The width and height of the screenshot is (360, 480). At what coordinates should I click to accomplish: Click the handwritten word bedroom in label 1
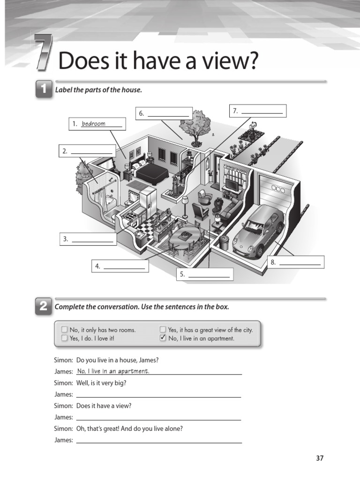point(93,124)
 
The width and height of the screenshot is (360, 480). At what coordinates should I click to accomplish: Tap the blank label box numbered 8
point(296,262)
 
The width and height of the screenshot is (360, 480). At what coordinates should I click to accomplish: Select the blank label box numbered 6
point(164,113)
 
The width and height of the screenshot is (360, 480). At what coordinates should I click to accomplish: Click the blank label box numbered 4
point(120,266)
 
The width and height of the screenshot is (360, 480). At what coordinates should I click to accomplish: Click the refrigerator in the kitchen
point(147,199)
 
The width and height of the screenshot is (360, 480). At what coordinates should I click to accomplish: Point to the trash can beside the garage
point(224,242)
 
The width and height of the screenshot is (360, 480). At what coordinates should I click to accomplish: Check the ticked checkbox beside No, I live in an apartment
point(163,338)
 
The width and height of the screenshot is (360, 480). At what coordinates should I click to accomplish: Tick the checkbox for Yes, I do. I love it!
point(64,338)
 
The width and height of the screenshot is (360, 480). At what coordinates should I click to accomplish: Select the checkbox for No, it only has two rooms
point(64,330)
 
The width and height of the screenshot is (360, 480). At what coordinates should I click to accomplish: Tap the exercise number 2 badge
point(44,307)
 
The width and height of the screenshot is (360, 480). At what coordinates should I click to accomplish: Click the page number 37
point(320,458)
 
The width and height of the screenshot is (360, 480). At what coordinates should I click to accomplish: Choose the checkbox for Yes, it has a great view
point(163,330)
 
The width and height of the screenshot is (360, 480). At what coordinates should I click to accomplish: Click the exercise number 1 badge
point(44,90)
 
